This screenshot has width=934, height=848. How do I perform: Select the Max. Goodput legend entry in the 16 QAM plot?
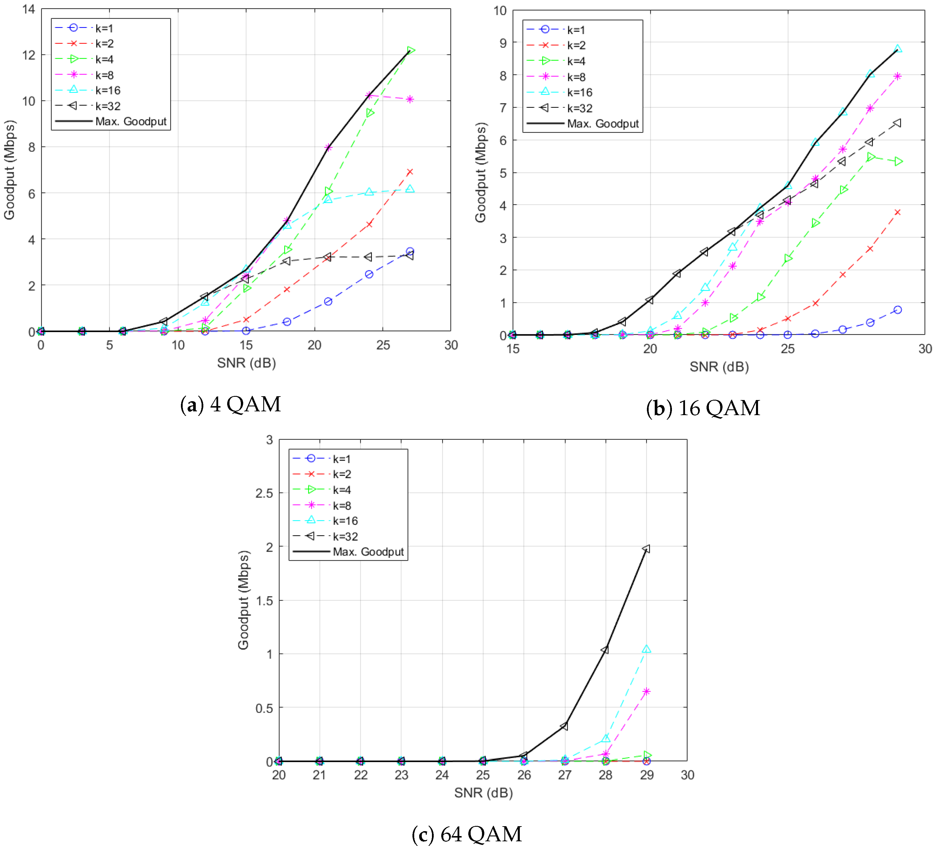tap(583, 124)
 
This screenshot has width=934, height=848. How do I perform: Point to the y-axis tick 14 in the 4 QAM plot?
tap(29, 9)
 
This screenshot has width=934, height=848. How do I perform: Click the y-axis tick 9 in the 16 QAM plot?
tap(503, 43)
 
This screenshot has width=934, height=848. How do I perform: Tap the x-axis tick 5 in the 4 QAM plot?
tap(109, 345)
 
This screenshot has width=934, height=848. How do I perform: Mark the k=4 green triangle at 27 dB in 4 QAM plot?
tap(410, 51)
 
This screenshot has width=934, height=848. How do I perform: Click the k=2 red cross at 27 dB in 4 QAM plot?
tap(410, 172)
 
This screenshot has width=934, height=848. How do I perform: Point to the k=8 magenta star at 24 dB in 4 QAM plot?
tap(369, 95)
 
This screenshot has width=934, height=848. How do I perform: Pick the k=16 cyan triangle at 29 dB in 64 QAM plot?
tap(646, 649)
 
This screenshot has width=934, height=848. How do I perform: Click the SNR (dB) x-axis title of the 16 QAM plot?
tap(719, 367)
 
